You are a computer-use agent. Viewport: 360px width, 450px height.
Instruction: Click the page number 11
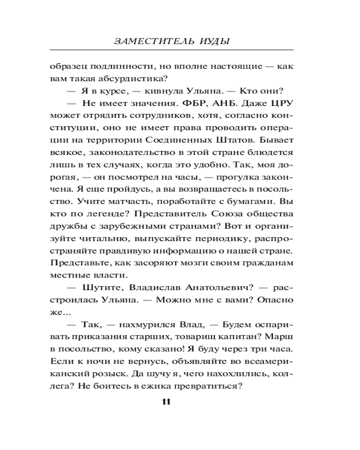(x=165, y=402)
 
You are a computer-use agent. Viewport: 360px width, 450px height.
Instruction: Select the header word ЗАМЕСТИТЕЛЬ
(x=148, y=41)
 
